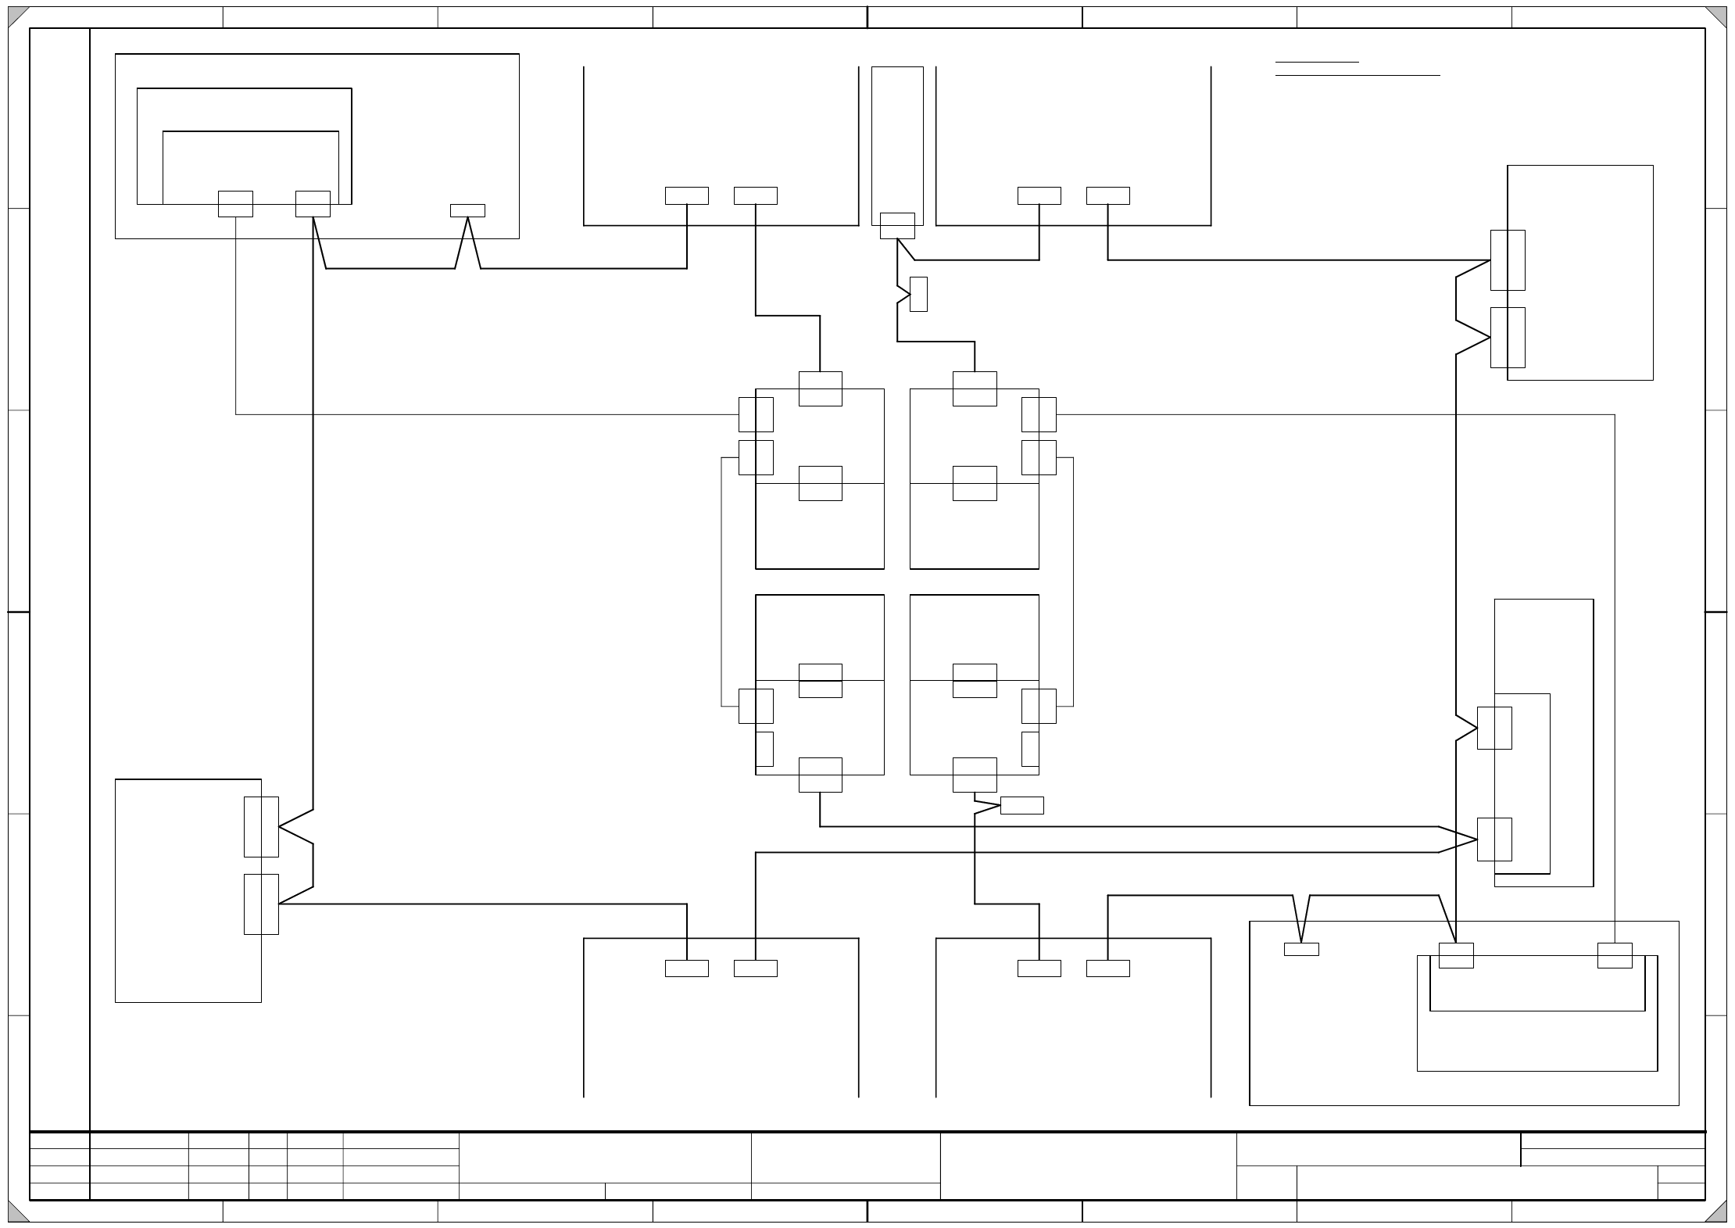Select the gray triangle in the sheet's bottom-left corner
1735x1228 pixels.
pyautogui.click(x=16, y=1213)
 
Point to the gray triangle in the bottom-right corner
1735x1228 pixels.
pyautogui.click(x=1719, y=1213)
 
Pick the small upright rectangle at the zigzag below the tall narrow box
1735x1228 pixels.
pyautogui.click(x=918, y=294)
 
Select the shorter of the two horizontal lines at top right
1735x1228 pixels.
pyautogui.click(x=1317, y=62)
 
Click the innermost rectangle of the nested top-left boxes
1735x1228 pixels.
pyautogui.click(x=251, y=167)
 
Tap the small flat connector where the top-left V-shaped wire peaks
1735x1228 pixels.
pyautogui.click(x=467, y=210)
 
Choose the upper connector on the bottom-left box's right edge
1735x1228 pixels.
pyautogui.click(x=261, y=827)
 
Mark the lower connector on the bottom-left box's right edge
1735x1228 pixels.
pyautogui.click(x=261, y=904)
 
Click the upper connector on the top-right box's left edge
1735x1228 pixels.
pyautogui.click(x=1508, y=260)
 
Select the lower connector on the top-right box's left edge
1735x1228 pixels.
pyautogui.click(x=1508, y=337)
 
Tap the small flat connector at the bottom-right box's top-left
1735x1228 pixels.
pyautogui.click(x=1301, y=949)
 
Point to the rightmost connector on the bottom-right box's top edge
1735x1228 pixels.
pyautogui.click(x=1615, y=955)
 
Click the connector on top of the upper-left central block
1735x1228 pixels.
pyautogui.click(x=820, y=388)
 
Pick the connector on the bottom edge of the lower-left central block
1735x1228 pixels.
pyautogui.click(x=820, y=775)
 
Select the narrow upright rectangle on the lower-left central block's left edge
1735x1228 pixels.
pyautogui.click(x=764, y=749)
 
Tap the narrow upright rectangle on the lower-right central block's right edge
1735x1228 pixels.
pyautogui.click(x=1030, y=749)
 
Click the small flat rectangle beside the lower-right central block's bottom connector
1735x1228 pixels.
pyautogui.click(x=1021, y=805)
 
